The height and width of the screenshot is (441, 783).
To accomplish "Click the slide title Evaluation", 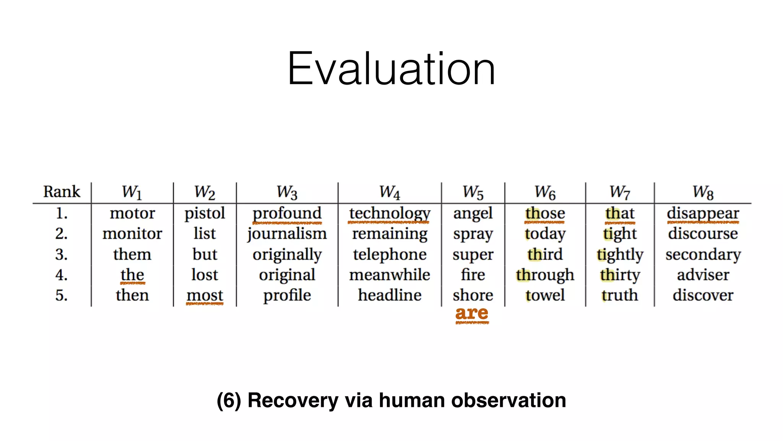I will click(x=391, y=69).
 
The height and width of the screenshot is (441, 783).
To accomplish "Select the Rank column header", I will click(x=62, y=191).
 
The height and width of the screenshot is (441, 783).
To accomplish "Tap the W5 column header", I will click(x=473, y=192).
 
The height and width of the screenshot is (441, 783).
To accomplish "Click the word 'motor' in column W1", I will click(x=132, y=213).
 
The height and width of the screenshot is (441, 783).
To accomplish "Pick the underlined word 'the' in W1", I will click(x=132, y=274).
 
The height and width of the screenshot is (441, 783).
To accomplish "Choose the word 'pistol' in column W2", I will click(x=205, y=213).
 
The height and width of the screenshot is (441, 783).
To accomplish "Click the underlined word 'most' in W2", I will click(x=205, y=295).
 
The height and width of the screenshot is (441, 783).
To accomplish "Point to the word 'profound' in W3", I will click(x=287, y=213).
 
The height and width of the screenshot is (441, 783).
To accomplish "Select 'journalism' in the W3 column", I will click(x=287, y=234).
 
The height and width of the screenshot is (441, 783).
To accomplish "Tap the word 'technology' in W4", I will click(x=389, y=213).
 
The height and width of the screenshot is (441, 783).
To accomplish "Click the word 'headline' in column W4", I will click(x=389, y=295).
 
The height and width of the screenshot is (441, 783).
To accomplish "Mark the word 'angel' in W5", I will click(x=473, y=213).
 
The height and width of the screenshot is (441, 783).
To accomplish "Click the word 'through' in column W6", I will click(x=545, y=275).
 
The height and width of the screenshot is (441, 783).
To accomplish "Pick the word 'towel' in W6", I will click(x=545, y=295).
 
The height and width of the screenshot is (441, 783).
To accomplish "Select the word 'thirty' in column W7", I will click(x=619, y=275).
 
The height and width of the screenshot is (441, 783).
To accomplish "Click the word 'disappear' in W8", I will click(x=703, y=213).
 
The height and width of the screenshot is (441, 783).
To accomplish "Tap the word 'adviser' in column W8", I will click(x=703, y=275).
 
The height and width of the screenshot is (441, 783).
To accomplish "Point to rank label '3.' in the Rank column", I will click(x=62, y=254).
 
